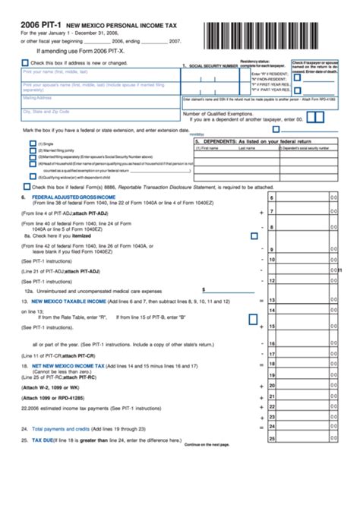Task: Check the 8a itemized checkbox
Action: click(254, 236)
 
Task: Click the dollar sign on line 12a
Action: click(204, 289)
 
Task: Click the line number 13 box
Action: click(271, 301)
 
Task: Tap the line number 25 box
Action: click(271, 439)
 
